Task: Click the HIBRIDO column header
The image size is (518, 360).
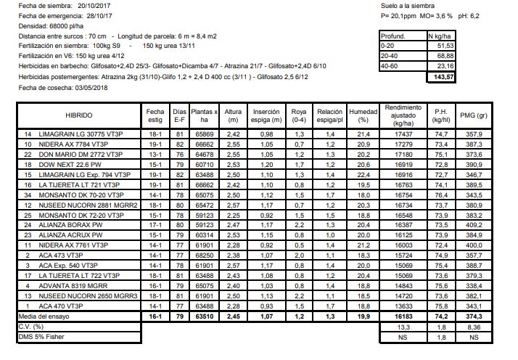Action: (x=78, y=115)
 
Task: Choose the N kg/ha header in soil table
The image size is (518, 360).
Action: (x=441, y=35)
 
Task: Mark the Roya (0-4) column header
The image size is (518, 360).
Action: (x=297, y=115)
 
